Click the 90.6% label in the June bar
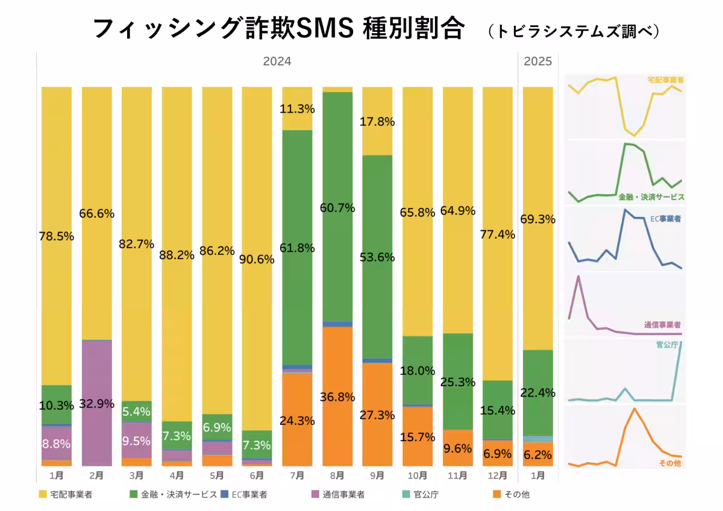pyautogui.click(x=257, y=260)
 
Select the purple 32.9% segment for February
pyautogui.click(x=96, y=403)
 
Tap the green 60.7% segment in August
pyautogui.click(x=337, y=207)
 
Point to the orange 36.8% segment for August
pyautogui.click(x=337, y=397)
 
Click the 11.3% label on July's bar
pyautogui.click(x=297, y=109)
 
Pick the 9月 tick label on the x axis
pyautogui.click(x=377, y=475)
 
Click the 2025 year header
pyautogui.click(x=537, y=61)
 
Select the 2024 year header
pyautogui.click(x=277, y=61)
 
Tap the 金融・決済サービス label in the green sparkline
pyautogui.click(x=651, y=197)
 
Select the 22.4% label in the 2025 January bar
pyautogui.click(x=537, y=393)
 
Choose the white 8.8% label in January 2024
pyautogui.click(x=56, y=444)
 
